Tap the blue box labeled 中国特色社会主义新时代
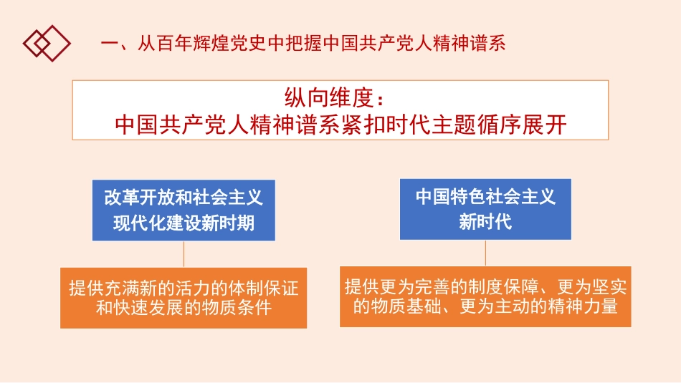[485, 208]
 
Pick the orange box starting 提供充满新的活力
[184, 298]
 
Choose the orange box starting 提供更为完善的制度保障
[485, 296]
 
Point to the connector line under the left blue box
[184, 254]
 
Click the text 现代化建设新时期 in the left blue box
[184, 223]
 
